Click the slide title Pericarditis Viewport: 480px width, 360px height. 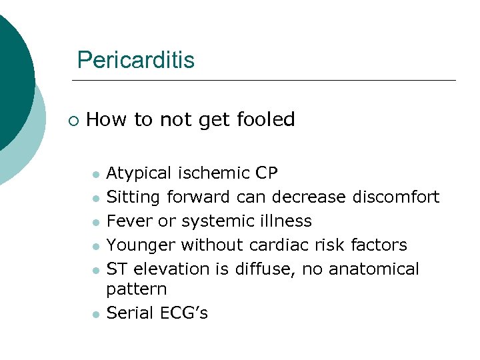point(135,61)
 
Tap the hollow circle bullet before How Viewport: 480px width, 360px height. point(73,121)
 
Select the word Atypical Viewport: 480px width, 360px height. point(139,174)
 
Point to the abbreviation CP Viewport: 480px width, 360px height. point(267,173)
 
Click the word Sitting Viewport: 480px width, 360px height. point(134,198)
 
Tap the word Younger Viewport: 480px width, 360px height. point(141,246)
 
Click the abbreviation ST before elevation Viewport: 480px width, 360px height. point(117,269)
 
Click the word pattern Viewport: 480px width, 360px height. point(137,290)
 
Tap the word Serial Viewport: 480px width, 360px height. point(129,313)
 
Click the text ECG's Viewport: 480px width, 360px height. point(183,313)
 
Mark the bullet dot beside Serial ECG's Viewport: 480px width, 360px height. point(97,314)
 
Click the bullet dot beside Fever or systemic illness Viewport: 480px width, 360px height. point(97,223)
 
